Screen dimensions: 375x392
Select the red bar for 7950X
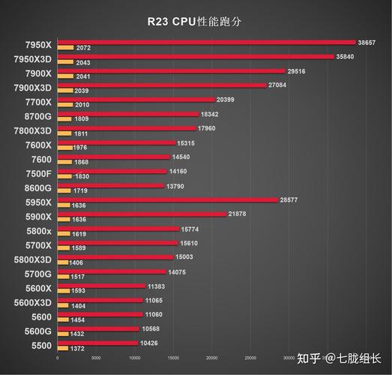point(206,42)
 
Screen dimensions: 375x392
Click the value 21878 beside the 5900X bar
point(240,214)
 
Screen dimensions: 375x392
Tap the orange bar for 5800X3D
point(62,263)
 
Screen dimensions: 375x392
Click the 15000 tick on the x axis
point(173,358)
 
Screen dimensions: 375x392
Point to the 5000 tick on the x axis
point(96,358)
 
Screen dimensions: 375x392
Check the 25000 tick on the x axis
point(250,358)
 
